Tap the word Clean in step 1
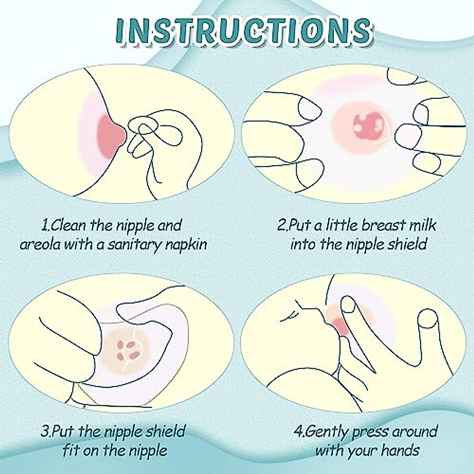pyautogui.click(x=68, y=226)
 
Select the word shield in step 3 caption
pyautogui.click(x=165, y=431)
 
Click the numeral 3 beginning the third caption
pyautogui.click(x=45, y=431)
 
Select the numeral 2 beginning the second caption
pyautogui.click(x=281, y=226)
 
